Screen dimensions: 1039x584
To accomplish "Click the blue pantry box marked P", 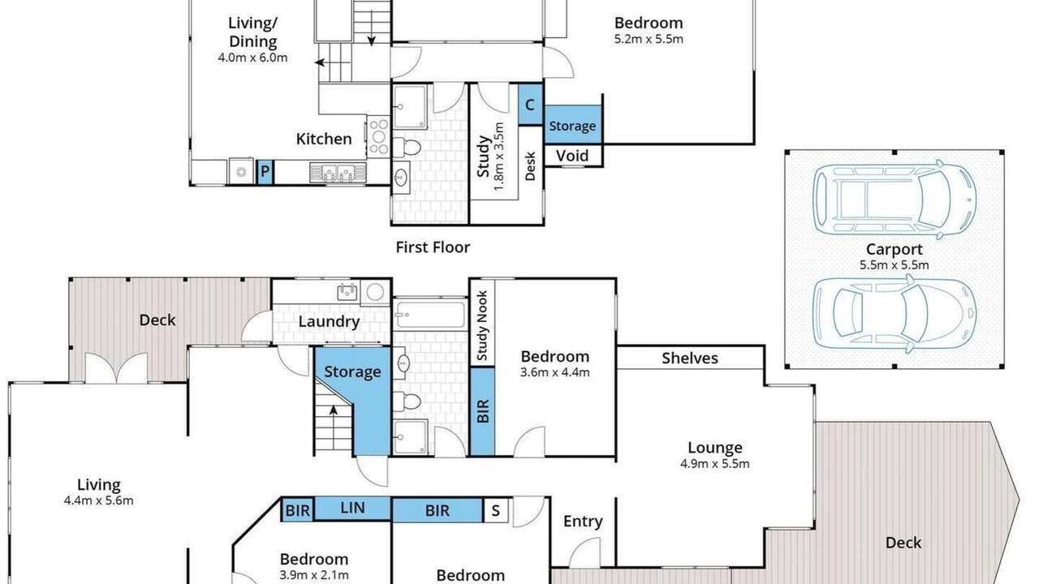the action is pos(265,171).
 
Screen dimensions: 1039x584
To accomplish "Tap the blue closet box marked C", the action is pos(530,105).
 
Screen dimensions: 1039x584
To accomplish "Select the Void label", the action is pos(572,156).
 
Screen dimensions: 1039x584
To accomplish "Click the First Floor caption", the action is pos(433,247).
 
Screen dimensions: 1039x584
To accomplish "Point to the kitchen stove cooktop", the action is pos(378,136).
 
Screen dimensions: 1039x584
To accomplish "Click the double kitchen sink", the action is pos(338,172).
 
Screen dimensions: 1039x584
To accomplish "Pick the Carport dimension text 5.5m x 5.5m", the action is pos(894,265).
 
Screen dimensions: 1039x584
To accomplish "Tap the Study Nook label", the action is pos(482,325).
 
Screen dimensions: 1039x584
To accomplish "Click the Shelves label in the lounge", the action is pos(690,358).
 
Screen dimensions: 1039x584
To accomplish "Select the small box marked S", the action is pos(496,510).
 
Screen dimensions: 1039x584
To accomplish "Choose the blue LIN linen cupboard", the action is pos(352,508).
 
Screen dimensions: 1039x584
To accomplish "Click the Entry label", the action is pos(583,522).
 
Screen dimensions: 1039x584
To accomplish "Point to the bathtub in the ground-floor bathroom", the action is pos(429,314).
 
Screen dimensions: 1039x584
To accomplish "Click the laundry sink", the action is pos(347,292).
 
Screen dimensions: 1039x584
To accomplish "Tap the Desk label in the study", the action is pos(530,166).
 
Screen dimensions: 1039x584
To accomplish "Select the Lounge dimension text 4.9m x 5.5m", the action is pos(715,463).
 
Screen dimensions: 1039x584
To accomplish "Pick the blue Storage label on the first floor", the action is pos(572,126).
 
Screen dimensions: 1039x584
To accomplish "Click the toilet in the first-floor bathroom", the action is pos(407,148).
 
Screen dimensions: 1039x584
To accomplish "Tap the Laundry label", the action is pos(329,322).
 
